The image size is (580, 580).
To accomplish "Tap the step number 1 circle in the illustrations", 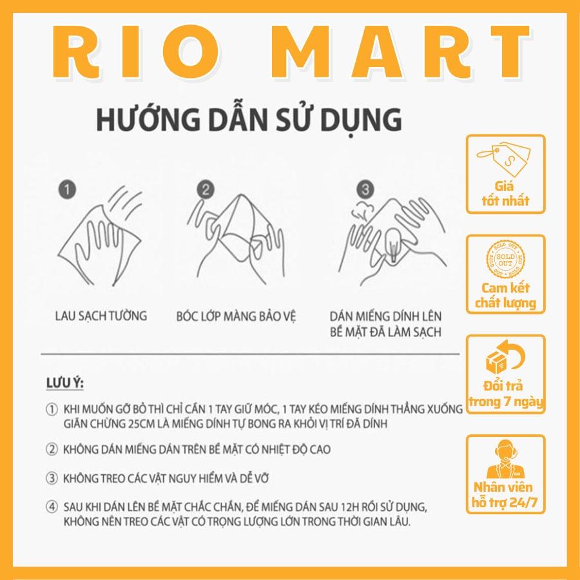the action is click(67, 189).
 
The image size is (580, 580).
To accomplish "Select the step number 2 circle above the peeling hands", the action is click(206, 189).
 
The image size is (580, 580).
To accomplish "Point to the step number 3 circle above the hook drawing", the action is click(365, 189).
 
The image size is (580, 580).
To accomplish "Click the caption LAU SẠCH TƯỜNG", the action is click(101, 316).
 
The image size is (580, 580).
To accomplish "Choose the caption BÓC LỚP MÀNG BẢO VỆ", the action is click(236, 317).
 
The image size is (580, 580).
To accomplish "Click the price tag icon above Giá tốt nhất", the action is click(504, 160).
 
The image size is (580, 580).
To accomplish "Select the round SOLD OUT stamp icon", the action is click(505, 259).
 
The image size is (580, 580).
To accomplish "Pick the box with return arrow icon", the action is click(505, 357).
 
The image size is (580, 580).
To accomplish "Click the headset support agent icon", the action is click(505, 459).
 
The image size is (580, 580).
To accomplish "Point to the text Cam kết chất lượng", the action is click(505, 295).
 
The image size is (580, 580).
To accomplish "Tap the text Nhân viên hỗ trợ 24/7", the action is click(504, 495).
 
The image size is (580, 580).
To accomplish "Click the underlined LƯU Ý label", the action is click(65, 383).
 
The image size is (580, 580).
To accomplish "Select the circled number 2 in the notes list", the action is click(52, 449).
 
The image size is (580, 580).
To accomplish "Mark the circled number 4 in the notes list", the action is click(52, 507).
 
